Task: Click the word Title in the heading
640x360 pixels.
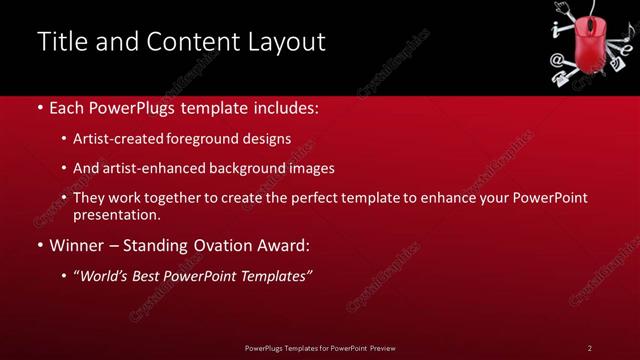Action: point(59,42)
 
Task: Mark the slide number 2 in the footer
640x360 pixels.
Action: point(590,347)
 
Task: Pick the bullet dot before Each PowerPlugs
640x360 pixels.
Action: point(39,107)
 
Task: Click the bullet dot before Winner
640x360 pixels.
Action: point(39,245)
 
